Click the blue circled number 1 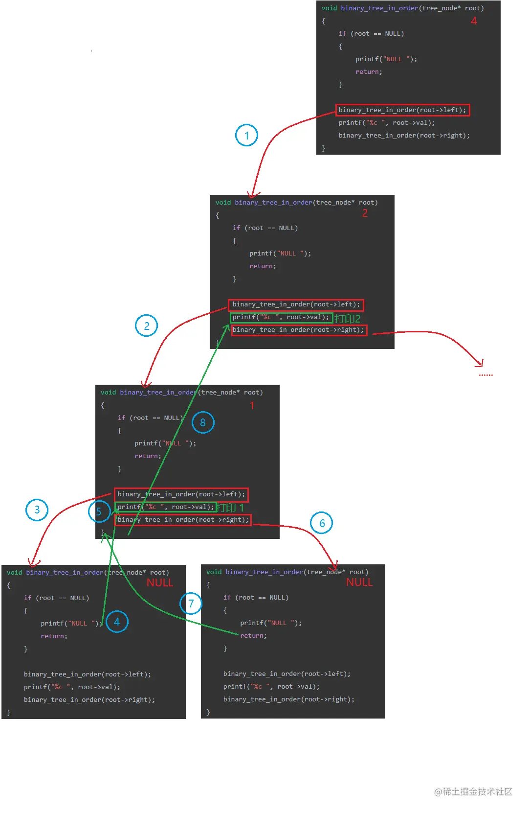coord(246,136)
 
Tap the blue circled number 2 coord(146,326)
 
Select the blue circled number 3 coord(37,510)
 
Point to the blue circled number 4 coord(117,622)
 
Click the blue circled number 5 coord(99,511)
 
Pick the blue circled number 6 coord(322,523)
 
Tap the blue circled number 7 coord(191,604)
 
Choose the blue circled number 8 coord(203,422)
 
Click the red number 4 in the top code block coord(474,21)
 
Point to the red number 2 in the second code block coord(365,213)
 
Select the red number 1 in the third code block coord(252,406)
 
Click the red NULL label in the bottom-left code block coord(160,583)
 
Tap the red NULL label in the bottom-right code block coord(359,582)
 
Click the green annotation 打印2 coord(347,319)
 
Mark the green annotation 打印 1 coord(230,508)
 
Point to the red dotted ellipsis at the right coord(485,375)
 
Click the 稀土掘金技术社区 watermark coord(473,791)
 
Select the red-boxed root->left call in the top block coord(402,110)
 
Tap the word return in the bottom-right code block coord(253,636)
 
